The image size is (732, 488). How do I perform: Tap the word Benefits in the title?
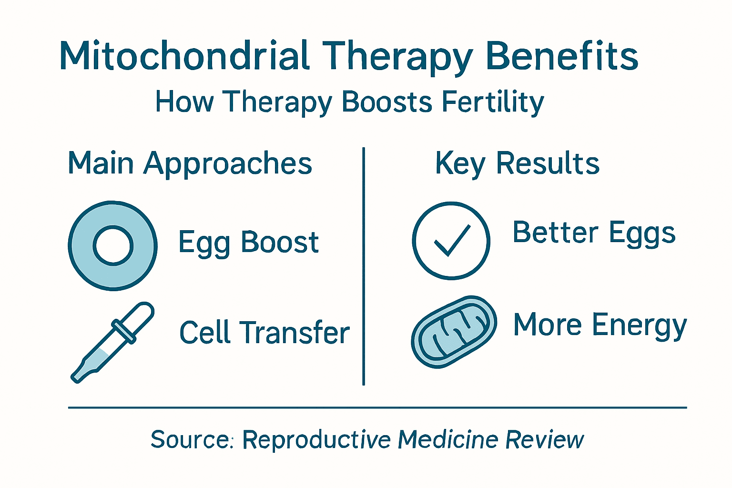coord(562,56)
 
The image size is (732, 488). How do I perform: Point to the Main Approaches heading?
coord(190,163)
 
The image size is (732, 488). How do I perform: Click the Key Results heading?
coord(517,163)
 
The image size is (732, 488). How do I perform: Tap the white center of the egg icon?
coord(113,245)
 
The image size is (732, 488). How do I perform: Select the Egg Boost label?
coord(248,242)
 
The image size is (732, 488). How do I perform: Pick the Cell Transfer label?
coord(264,332)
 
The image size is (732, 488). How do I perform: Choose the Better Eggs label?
coord(594,234)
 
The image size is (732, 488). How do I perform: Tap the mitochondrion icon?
coord(454,331)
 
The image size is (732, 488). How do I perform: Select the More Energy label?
coord(600,325)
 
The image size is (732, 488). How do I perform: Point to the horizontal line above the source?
coord(377,407)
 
